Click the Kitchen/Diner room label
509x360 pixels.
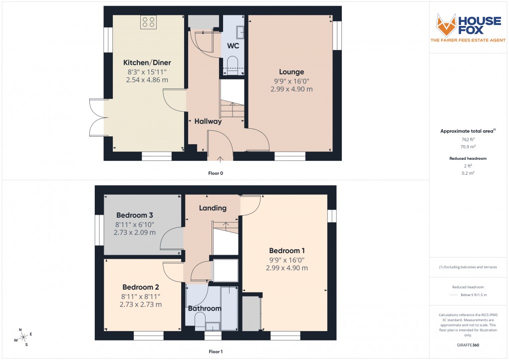pos(147,63)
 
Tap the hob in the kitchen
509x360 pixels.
pos(148,22)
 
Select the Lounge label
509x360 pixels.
pos(291,72)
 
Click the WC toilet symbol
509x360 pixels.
pos(233,63)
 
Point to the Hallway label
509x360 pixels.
pos(208,121)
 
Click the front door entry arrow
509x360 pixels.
pos(221,159)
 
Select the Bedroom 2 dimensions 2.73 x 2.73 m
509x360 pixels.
pos(141,305)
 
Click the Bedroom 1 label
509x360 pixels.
pos(287,251)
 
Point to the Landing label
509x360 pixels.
pos(213,208)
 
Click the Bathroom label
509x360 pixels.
pos(205,309)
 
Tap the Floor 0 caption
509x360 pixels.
pos(216,173)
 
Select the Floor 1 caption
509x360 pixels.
pos(216,352)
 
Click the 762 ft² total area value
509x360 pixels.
pos(468,140)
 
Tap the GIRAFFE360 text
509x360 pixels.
pos(468,345)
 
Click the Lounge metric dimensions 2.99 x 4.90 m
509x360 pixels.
pos(292,89)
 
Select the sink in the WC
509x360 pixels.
pos(240,31)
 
